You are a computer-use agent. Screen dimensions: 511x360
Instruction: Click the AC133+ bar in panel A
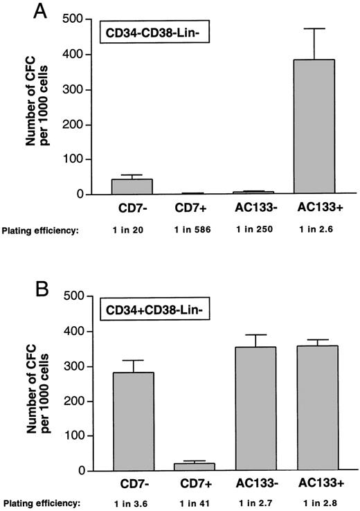(315, 127)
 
